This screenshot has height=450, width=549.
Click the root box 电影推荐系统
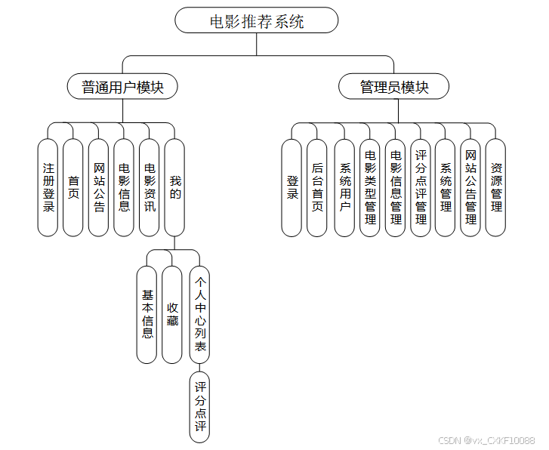(x=256, y=20)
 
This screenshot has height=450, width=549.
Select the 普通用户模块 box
(x=122, y=87)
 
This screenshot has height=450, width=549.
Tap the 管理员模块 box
(x=394, y=87)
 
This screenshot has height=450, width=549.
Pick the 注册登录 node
(x=48, y=187)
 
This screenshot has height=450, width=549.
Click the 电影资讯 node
(x=150, y=187)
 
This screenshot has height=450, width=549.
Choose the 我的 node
(x=175, y=187)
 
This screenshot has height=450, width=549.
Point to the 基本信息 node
(x=147, y=314)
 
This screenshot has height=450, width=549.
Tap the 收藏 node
(x=173, y=314)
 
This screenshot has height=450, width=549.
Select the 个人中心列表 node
(x=199, y=314)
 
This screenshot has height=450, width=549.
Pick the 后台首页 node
(x=317, y=187)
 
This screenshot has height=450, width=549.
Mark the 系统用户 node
(x=344, y=187)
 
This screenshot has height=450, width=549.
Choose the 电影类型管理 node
(x=370, y=187)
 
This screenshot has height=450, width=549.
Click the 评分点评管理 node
(x=421, y=187)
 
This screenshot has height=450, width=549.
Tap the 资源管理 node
(x=495, y=187)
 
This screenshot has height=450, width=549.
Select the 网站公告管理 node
(x=470, y=187)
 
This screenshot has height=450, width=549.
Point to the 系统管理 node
(x=446, y=187)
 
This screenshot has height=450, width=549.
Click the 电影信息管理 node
(x=395, y=187)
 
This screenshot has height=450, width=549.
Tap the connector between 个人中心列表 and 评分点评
(x=199, y=366)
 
